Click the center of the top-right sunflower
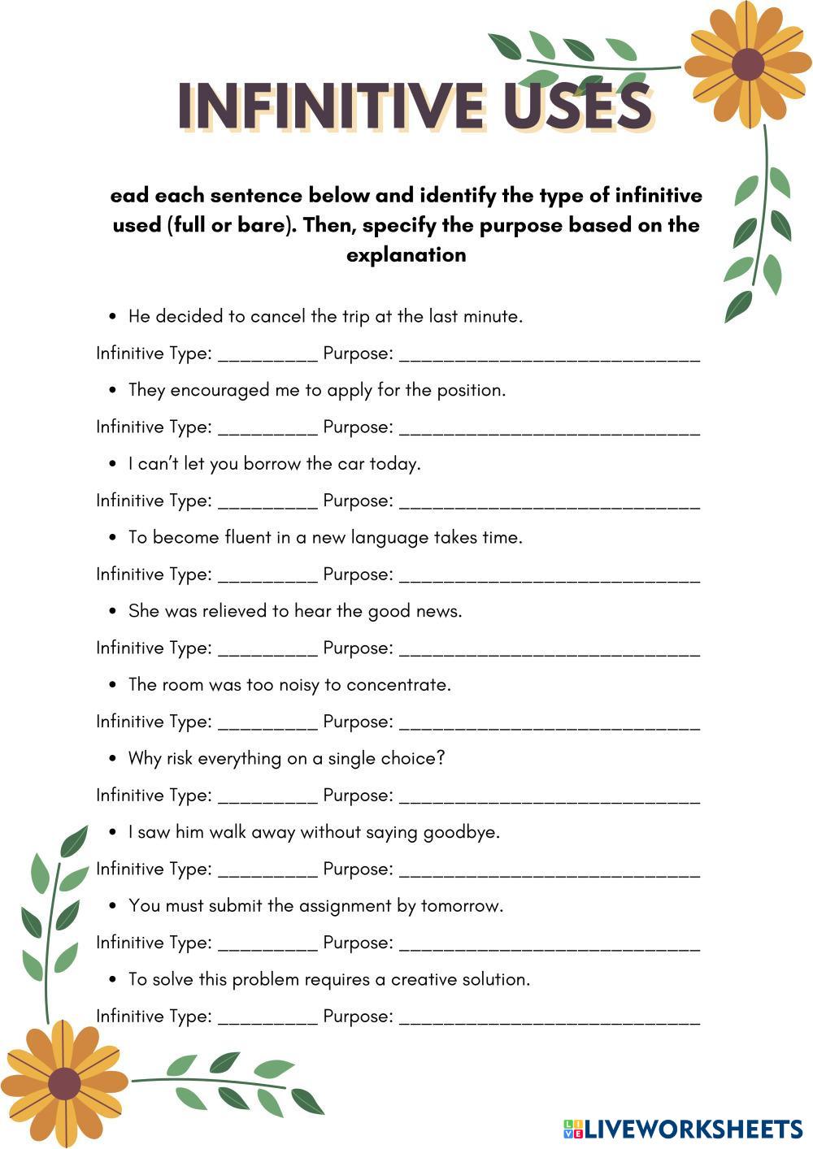tap(747, 64)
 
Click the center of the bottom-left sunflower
tap(63, 1083)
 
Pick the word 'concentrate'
tap(398, 684)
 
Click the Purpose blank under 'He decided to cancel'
tap(550, 354)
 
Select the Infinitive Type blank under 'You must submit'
tap(267, 943)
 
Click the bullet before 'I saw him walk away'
tap(113, 832)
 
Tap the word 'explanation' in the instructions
tap(406, 254)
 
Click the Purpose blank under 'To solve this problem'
tap(550, 1017)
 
